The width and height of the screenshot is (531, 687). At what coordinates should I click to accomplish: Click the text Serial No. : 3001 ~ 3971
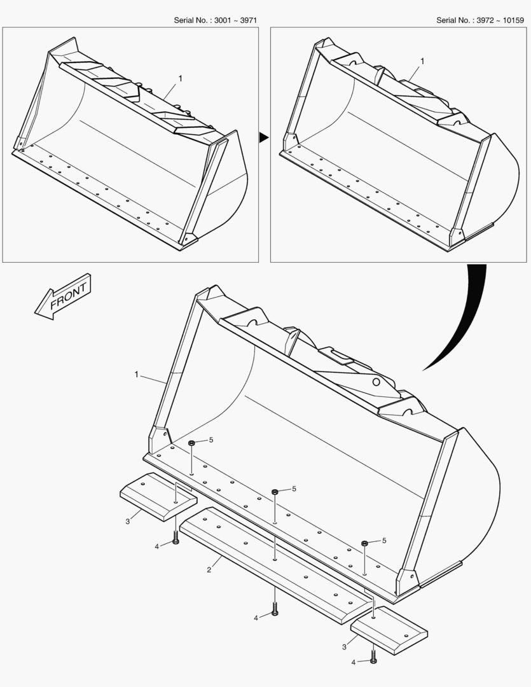coord(215,20)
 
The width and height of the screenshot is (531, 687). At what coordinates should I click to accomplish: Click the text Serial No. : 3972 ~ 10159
coord(479,20)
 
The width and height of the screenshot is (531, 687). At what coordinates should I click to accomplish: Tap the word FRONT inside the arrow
coord(68,296)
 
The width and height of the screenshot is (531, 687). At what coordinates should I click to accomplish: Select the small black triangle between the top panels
coord(263,137)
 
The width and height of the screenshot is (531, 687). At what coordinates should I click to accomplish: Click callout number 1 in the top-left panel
coord(180,78)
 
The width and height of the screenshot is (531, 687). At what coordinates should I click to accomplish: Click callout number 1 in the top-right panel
coord(422,61)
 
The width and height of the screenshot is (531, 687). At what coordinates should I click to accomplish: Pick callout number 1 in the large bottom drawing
coord(136,375)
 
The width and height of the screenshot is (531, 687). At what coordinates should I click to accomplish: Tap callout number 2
coord(209,570)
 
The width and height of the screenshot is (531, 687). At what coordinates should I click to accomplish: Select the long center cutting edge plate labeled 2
coord(274,566)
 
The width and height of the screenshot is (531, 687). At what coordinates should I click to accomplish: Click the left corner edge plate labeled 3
coord(158,497)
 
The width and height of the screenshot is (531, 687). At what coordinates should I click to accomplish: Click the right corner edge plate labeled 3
coord(389,630)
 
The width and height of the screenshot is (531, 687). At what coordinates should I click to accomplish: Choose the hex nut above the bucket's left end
coord(191,443)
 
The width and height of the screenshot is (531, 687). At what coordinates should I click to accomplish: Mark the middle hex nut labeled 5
coord(275,492)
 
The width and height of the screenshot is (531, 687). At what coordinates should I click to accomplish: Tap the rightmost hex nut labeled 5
coord(364,543)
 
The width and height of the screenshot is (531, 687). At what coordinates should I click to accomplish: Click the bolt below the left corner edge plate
coord(176,538)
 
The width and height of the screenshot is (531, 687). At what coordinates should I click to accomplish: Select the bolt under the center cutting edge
coord(275,609)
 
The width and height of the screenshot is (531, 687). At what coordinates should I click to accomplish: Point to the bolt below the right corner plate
coord(373,656)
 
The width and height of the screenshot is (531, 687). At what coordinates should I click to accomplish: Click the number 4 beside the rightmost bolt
coord(354,662)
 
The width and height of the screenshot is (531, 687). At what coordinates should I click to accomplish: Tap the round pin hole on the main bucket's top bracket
coord(376,382)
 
